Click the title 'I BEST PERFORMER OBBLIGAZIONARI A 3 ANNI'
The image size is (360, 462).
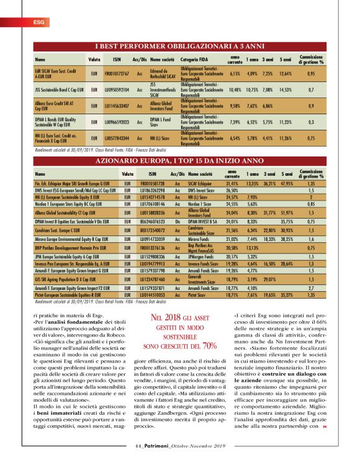pyautogui.click(x=179, y=47)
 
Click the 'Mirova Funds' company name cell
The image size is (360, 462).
pyautogui.click(x=200, y=238)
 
